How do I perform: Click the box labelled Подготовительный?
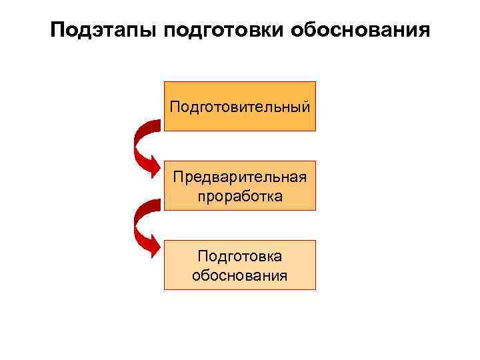click(x=240, y=106)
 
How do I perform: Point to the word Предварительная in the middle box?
click(x=240, y=177)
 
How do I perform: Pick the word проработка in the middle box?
click(x=240, y=197)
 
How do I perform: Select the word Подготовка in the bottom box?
click(x=240, y=256)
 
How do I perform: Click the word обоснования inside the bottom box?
click(x=240, y=275)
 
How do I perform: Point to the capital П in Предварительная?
click(x=178, y=177)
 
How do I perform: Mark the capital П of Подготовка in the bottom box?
click(x=203, y=256)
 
